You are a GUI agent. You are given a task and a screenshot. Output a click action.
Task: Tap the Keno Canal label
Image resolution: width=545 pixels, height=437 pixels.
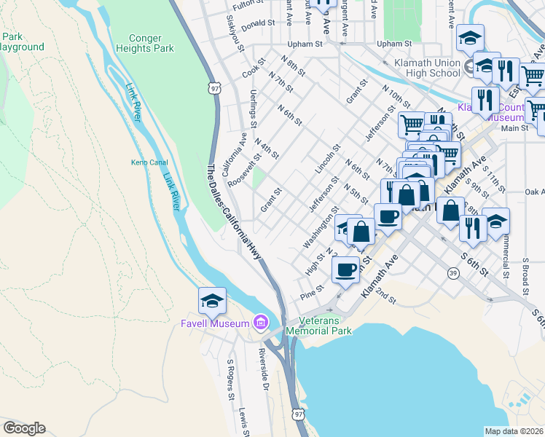(x=149, y=162)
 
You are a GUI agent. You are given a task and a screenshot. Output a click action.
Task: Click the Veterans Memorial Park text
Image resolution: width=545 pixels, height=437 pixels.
(x=318, y=326)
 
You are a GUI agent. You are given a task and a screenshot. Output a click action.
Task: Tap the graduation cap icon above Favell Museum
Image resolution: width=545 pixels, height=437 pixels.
(x=212, y=300)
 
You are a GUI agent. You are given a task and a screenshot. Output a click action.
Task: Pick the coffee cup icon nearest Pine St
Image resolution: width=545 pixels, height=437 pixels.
(x=345, y=269)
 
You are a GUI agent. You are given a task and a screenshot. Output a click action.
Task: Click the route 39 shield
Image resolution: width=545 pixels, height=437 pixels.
(x=453, y=273)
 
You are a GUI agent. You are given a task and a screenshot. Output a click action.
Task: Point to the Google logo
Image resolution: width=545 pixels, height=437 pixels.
(x=24, y=428)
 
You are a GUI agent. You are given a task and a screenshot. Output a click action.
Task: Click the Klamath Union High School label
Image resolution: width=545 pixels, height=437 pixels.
(x=425, y=68)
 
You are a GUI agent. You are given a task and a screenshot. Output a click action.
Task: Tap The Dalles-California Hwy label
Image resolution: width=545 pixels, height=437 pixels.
(x=232, y=211)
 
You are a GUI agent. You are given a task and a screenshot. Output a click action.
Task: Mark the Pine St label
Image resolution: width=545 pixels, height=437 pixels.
(x=311, y=293)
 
